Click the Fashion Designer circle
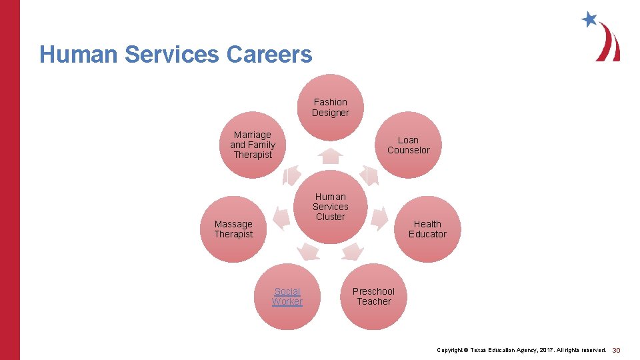pyautogui.click(x=331, y=107)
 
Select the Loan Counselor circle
pyautogui.click(x=409, y=145)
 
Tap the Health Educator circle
pyautogui.click(x=427, y=229)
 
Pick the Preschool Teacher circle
pyautogui.click(x=373, y=296)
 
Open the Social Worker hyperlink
pyautogui.click(x=287, y=296)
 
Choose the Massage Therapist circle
pyautogui.click(x=233, y=229)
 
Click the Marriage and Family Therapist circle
pyautogui.click(x=253, y=145)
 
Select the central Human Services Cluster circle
pyautogui.click(x=331, y=207)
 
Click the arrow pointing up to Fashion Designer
pyautogui.click(x=331, y=156)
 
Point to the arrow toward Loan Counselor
pyautogui.click(x=369, y=175)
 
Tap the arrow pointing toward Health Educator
pyautogui.click(x=379, y=217)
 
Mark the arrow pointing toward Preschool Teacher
pyautogui.click(x=352, y=251)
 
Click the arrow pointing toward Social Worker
pyautogui.click(x=309, y=251)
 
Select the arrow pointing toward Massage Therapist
pyautogui.click(x=282, y=217)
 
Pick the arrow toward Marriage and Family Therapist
pyautogui.click(x=291, y=175)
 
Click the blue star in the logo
pyautogui.click(x=589, y=19)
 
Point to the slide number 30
pyautogui.click(x=616, y=350)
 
